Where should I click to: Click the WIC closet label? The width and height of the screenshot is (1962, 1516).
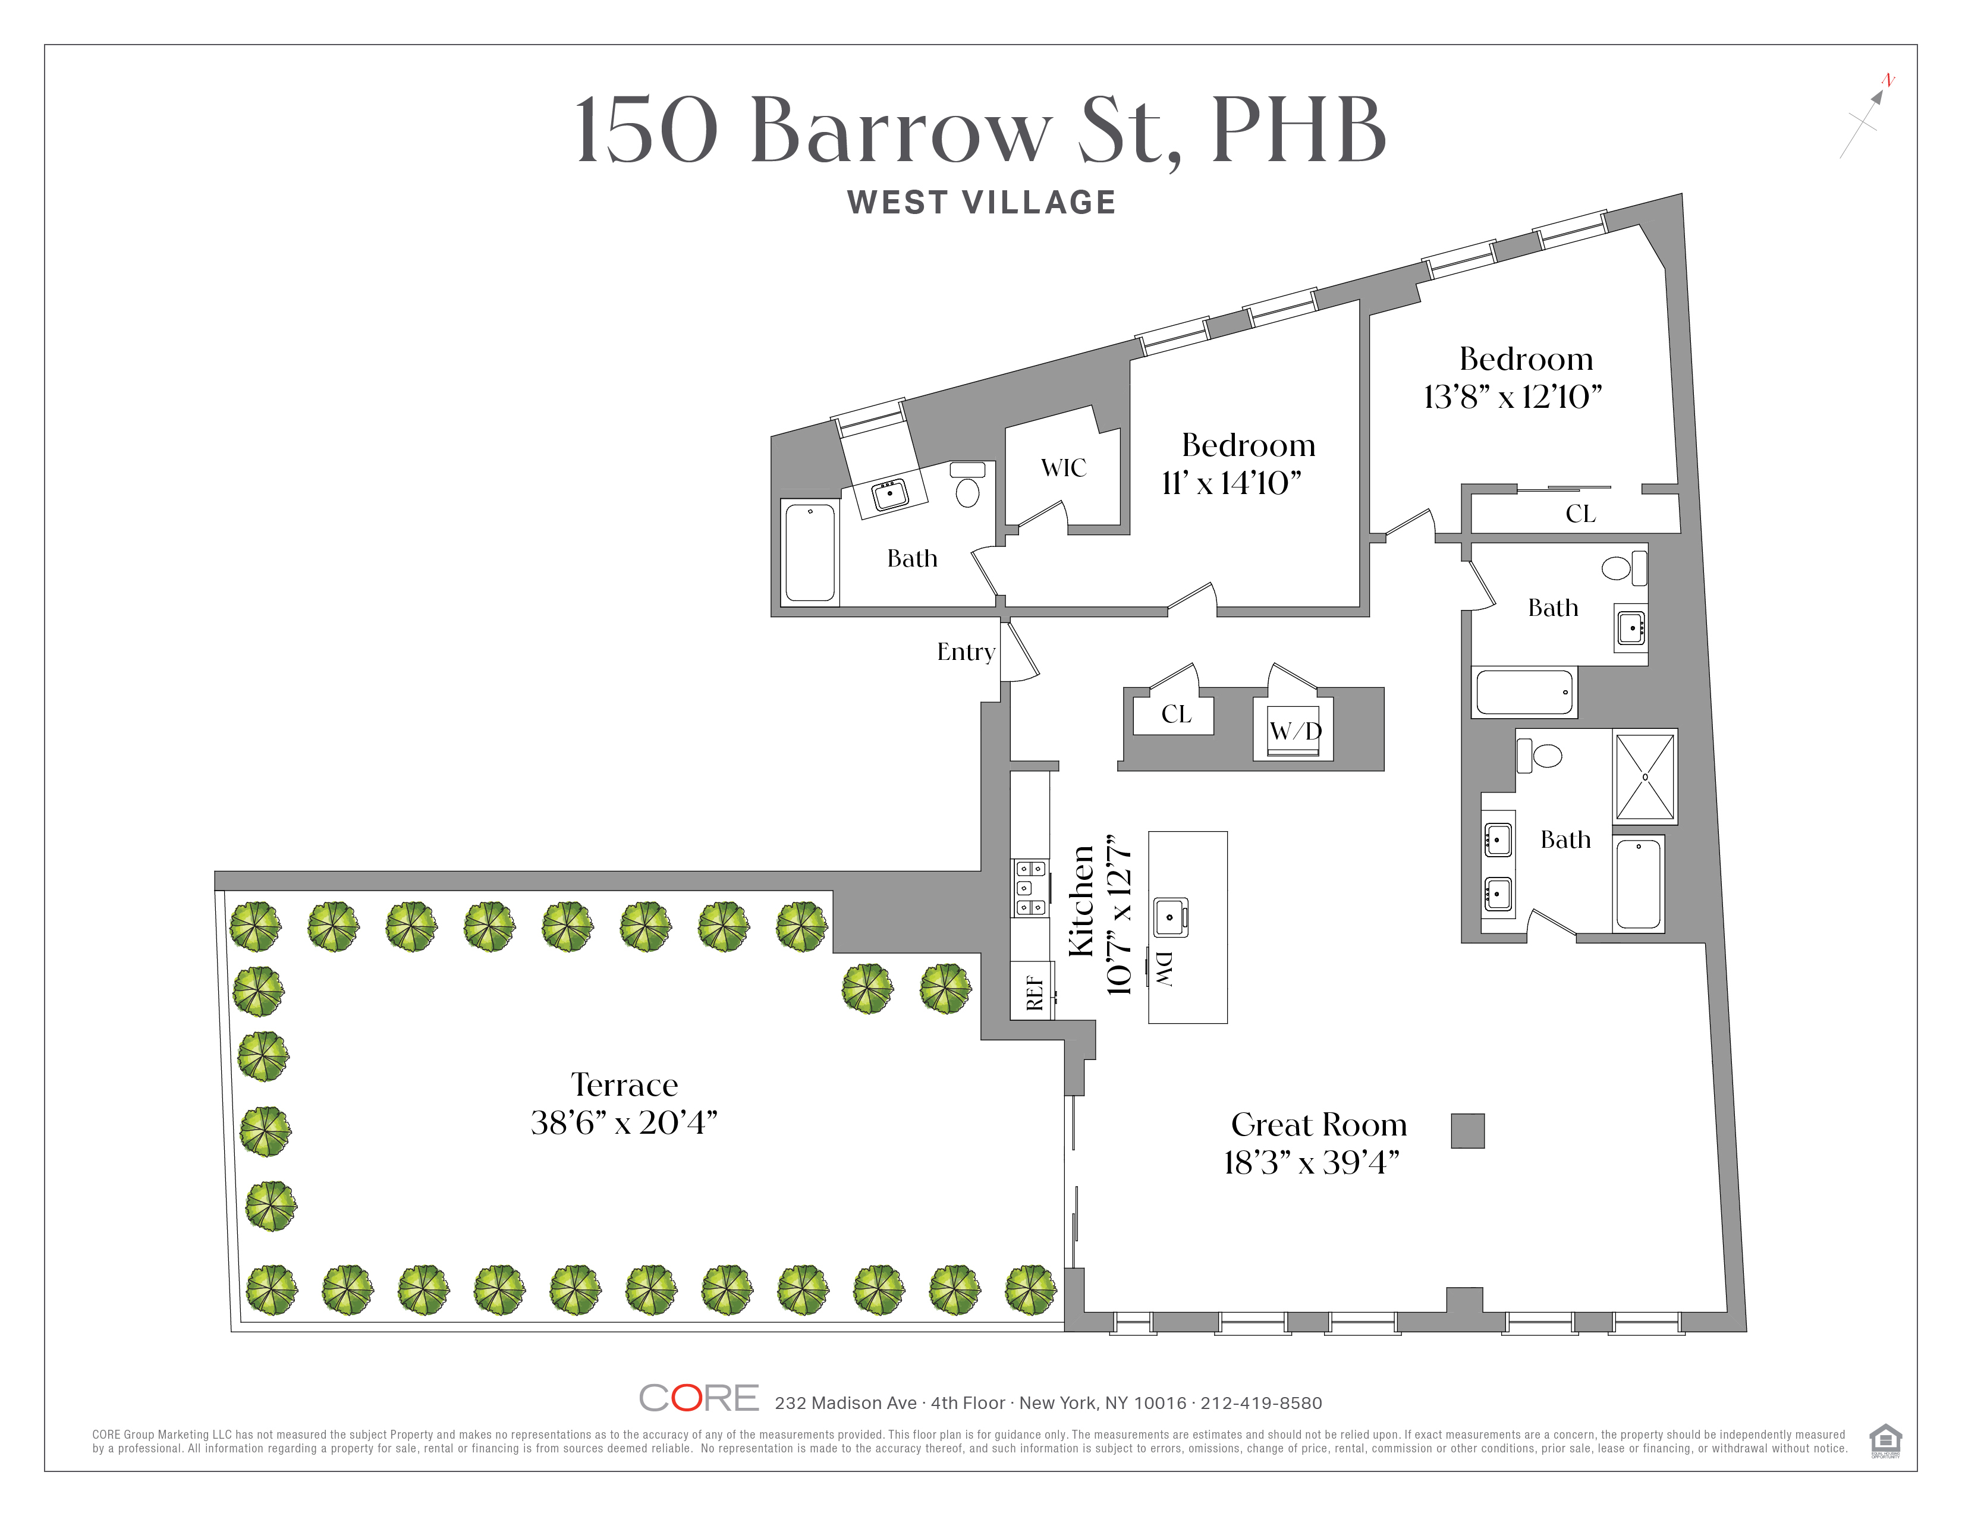[1064, 468]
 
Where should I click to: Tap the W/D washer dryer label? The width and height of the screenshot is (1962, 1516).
[1294, 730]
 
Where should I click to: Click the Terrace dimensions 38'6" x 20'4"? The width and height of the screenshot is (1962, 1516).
[624, 1122]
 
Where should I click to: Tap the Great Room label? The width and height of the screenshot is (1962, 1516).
[1318, 1124]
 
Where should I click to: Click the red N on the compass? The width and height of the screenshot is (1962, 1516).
[1888, 81]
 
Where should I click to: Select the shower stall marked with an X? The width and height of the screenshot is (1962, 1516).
[1645, 777]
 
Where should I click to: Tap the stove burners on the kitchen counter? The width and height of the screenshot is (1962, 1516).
[1030, 888]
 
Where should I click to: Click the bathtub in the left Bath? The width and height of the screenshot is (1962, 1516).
[810, 552]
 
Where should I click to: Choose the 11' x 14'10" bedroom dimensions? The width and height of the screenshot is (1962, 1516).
[1231, 483]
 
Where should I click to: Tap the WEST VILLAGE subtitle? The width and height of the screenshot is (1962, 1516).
[981, 203]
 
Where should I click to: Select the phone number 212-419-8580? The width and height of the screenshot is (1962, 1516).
[1261, 1403]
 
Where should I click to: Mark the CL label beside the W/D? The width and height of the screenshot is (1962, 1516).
[1176, 714]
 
